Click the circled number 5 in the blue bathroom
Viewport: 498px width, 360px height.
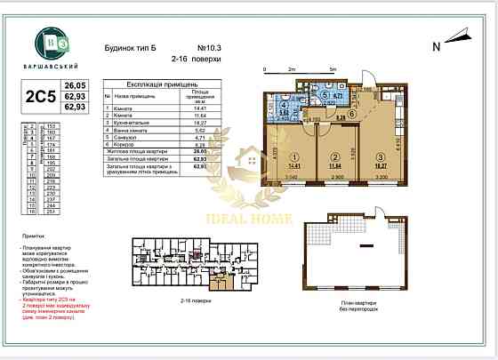click(326, 97)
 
